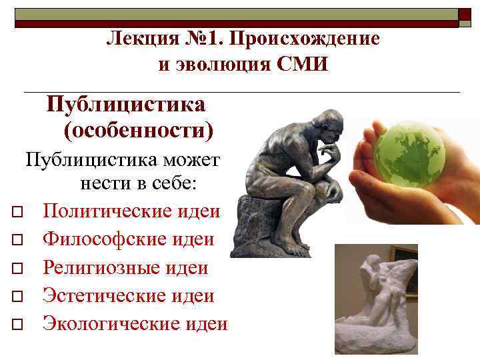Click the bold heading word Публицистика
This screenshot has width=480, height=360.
coord(126,105)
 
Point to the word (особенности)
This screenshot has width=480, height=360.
coord(139,129)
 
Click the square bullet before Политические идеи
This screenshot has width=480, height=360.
coord(17,213)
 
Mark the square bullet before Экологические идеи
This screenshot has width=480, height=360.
coord(17,325)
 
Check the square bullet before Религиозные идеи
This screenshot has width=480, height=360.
coord(17,269)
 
